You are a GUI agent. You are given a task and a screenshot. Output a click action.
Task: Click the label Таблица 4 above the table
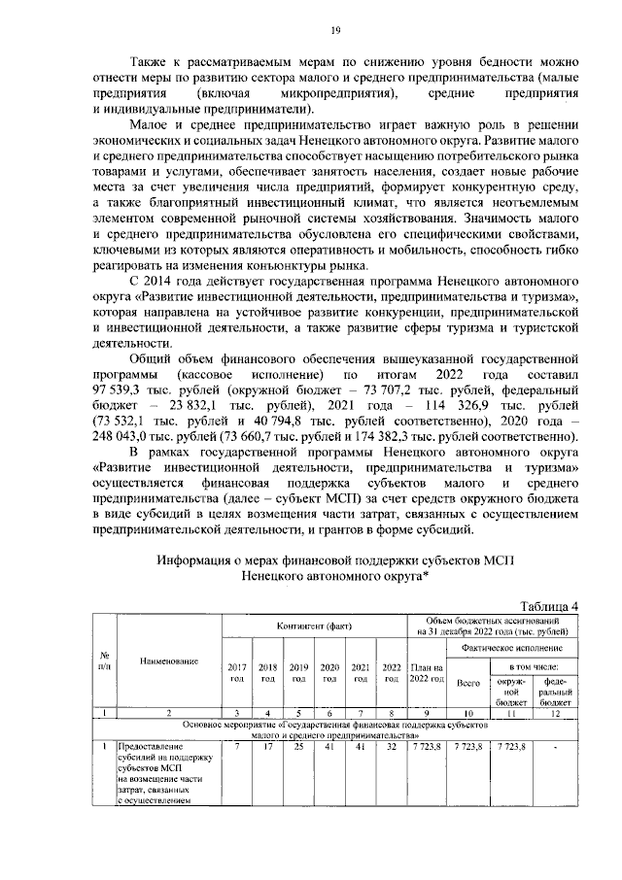[544, 606]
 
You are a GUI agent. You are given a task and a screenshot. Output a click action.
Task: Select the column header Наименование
[169, 661]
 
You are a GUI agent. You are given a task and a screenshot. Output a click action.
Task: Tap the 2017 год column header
[237, 672]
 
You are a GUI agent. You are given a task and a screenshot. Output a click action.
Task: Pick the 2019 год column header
[298, 672]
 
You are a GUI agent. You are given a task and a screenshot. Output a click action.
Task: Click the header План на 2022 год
[428, 672]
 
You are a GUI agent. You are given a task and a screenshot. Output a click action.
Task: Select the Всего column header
[469, 683]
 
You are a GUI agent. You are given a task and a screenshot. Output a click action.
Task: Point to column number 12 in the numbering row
[556, 714]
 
